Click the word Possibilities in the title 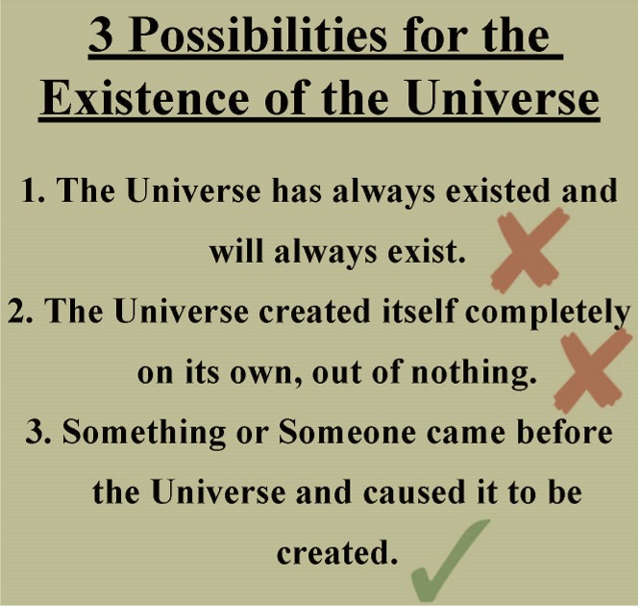pyautogui.click(x=258, y=38)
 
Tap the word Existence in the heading pyautogui.click(x=144, y=99)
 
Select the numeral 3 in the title pyautogui.click(x=101, y=38)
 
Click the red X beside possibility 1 pyautogui.click(x=529, y=250)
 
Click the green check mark pyautogui.click(x=450, y=561)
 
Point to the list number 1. pyautogui.click(x=34, y=190)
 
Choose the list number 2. pyautogui.click(x=21, y=311)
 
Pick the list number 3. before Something pyautogui.click(x=38, y=431)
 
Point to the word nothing pyautogui.click(x=473, y=373)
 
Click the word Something pyautogui.click(x=143, y=433)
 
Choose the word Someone pyautogui.click(x=347, y=432)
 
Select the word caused pyautogui.click(x=414, y=492)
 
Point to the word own pyautogui.click(x=260, y=375)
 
